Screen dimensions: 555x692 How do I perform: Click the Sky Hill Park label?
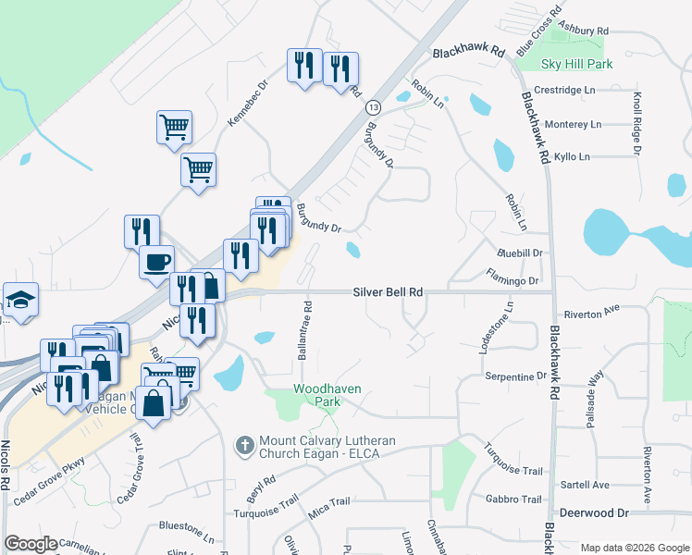coord(577,65)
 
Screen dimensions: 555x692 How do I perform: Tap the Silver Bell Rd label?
coord(388,291)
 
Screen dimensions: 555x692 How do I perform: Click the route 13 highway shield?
coord(372,107)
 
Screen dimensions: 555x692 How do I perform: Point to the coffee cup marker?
coord(156,261)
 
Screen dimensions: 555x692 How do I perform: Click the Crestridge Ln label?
coord(564,91)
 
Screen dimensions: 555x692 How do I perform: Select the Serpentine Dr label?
coord(515,376)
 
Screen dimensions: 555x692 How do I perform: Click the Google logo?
coord(31,544)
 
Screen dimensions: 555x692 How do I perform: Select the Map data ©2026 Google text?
coord(634,548)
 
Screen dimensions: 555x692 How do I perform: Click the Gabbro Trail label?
coord(513,499)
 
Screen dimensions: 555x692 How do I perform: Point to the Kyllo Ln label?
coord(571,157)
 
